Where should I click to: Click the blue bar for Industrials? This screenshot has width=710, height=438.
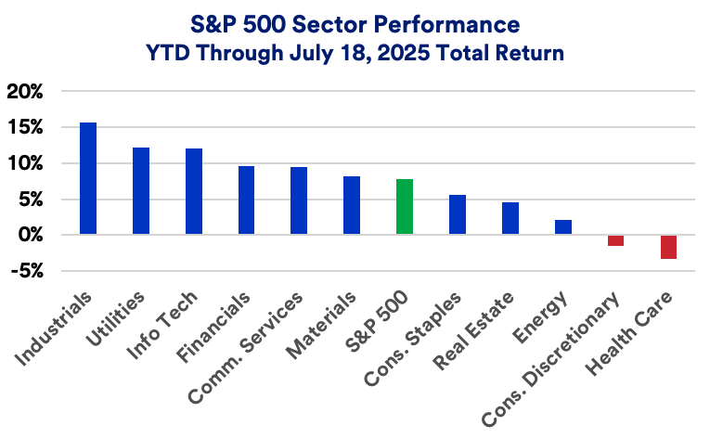(88, 179)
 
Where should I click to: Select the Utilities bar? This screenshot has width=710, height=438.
(141, 191)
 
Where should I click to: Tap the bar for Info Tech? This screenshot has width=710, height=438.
(194, 192)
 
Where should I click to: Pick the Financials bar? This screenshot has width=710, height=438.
(246, 200)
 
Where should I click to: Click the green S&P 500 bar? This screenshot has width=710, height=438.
(405, 207)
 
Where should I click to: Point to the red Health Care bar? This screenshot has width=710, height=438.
(668, 247)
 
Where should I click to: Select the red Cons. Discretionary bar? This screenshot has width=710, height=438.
(615, 240)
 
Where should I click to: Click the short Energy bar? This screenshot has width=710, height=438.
(562, 227)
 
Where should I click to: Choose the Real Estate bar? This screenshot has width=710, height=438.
(510, 218)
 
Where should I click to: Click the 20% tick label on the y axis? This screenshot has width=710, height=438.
(25, 92)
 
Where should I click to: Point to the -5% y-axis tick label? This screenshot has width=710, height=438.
(26, 272)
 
